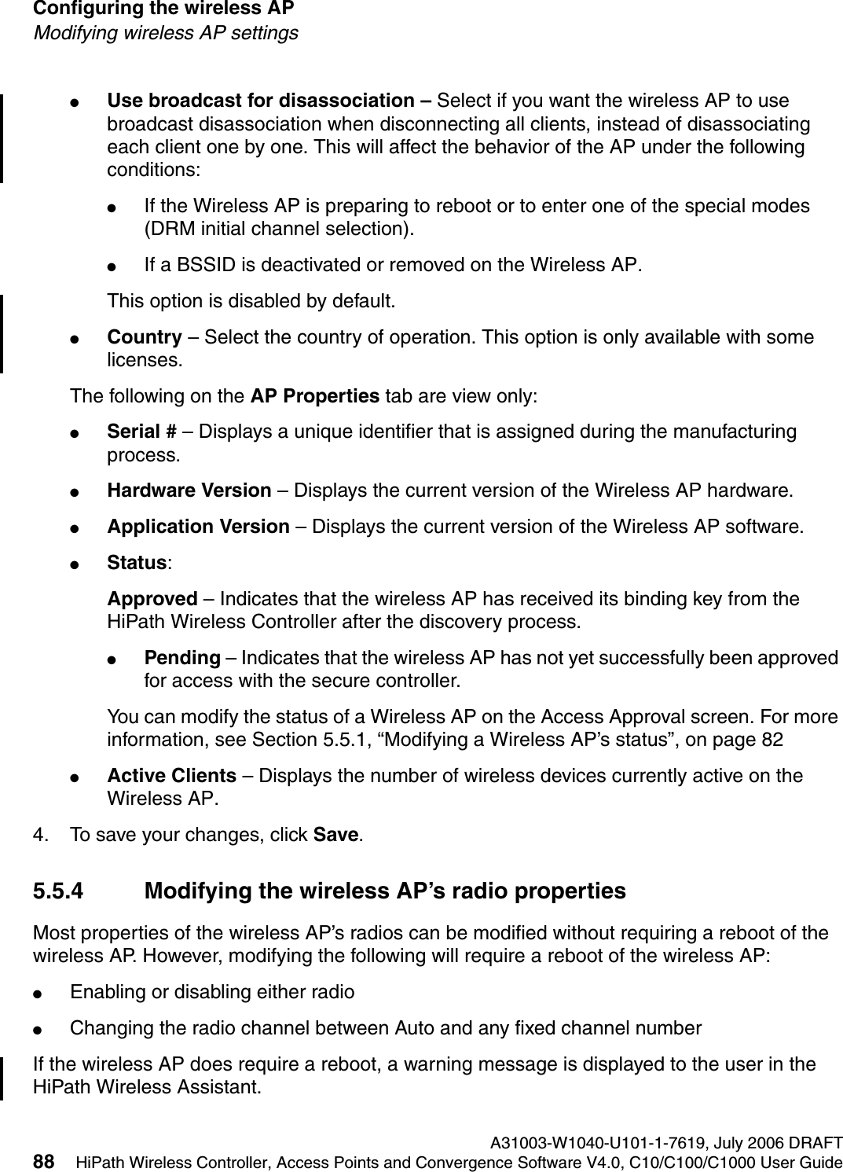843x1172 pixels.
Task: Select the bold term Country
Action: [x=145, y=337]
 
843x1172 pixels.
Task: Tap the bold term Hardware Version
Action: [x=189, y=490]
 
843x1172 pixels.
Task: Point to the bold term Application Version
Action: [x=198, y=526]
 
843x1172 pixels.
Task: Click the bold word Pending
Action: [x=181, y=657]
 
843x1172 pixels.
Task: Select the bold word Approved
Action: [x=152, y=599]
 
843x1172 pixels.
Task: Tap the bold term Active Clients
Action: [x=171, y=776]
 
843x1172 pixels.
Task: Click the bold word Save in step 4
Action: [x=336, y=835]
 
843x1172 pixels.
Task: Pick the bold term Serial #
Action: [x=141, y=431]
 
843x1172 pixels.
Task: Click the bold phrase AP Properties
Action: [x=314, y=395]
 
